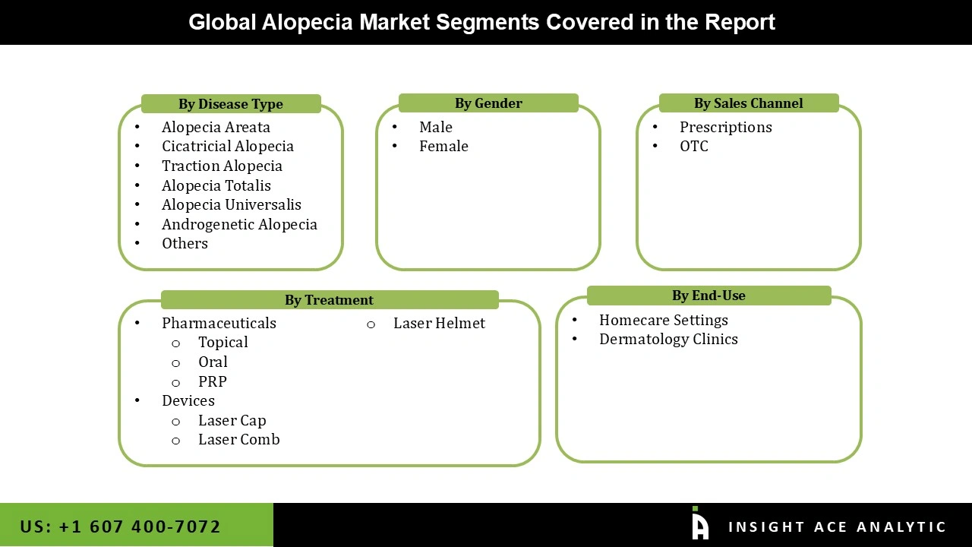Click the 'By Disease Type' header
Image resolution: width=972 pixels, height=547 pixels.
pos(231,104)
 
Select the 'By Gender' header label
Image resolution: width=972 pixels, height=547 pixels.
pos(488,103)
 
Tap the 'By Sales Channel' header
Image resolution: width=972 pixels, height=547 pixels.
pos(748,103)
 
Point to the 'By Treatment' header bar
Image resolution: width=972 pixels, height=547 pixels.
pos(329,300)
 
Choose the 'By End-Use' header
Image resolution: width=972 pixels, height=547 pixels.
pos(708,296)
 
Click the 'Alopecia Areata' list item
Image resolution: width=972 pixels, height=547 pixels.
pos(216,127)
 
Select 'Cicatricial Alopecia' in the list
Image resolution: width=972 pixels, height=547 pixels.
pos(227,146)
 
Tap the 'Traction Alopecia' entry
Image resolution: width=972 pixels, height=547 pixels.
pos(222,166)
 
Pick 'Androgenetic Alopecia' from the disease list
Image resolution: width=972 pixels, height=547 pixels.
pos(239,224)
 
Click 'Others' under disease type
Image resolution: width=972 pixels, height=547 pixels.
pos(185,243)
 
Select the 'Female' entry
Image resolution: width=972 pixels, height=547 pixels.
pos(443,146)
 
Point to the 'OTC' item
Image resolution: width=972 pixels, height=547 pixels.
pos(693,146)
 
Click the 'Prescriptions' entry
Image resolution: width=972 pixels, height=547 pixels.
pos(725,127)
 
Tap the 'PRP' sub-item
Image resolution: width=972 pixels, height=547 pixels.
pos(212,381)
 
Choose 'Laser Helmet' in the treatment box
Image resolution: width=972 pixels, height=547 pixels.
pos(439,323)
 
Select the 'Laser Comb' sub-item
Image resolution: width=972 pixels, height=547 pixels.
pos(238,439)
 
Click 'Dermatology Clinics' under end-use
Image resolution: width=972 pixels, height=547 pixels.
pos(668,339)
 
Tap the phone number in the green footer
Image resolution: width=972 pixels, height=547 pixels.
pos(120,526)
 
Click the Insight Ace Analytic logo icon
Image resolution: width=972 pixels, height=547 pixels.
pos(699,524)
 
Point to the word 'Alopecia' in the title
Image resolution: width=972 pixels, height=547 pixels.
pos(307,22)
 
